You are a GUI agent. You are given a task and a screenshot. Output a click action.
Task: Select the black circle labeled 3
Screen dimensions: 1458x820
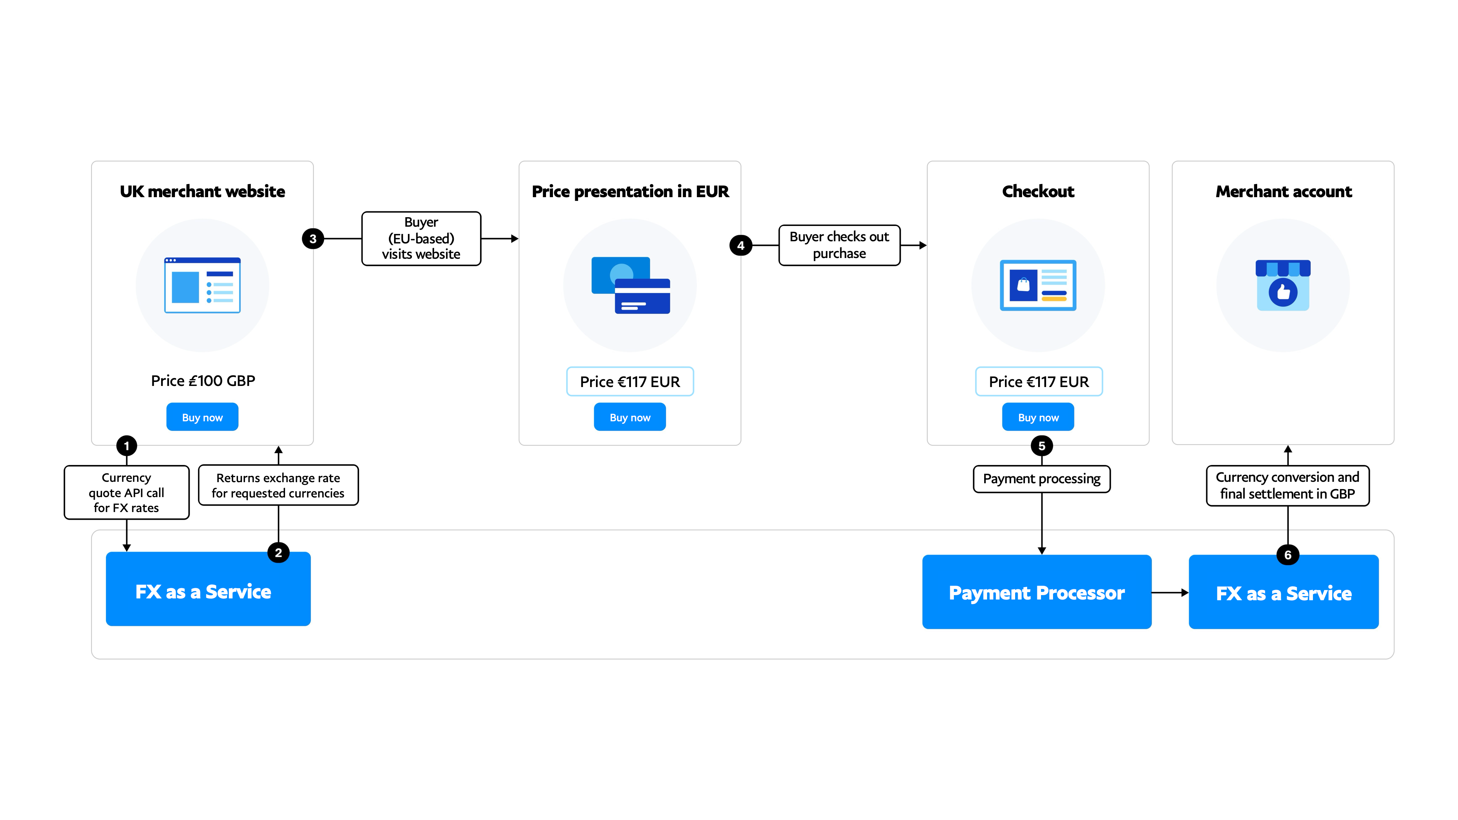[313, 239]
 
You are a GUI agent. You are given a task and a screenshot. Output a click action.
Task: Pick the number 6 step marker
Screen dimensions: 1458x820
[1288, 555]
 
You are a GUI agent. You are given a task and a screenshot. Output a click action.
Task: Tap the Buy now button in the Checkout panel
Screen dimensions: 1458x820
[1038, 417]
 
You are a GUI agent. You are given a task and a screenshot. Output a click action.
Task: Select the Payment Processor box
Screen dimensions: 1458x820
[1037, 592]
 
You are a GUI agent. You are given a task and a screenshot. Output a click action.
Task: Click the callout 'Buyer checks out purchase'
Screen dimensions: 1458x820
[839, 245]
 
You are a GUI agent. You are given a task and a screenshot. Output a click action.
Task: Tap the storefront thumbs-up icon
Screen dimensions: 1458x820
[1283, 285]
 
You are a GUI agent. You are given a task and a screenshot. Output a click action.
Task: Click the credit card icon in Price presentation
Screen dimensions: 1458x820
[631, 285]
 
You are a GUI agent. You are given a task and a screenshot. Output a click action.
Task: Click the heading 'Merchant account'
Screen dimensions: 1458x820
[1284, 192]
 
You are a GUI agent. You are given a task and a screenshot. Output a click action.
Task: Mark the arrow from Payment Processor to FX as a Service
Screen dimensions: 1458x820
[1170, 593]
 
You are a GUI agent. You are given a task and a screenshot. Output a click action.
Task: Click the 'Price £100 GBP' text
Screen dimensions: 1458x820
[203, 381]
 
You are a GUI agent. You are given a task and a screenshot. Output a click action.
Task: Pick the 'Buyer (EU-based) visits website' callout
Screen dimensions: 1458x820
[421, 238]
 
